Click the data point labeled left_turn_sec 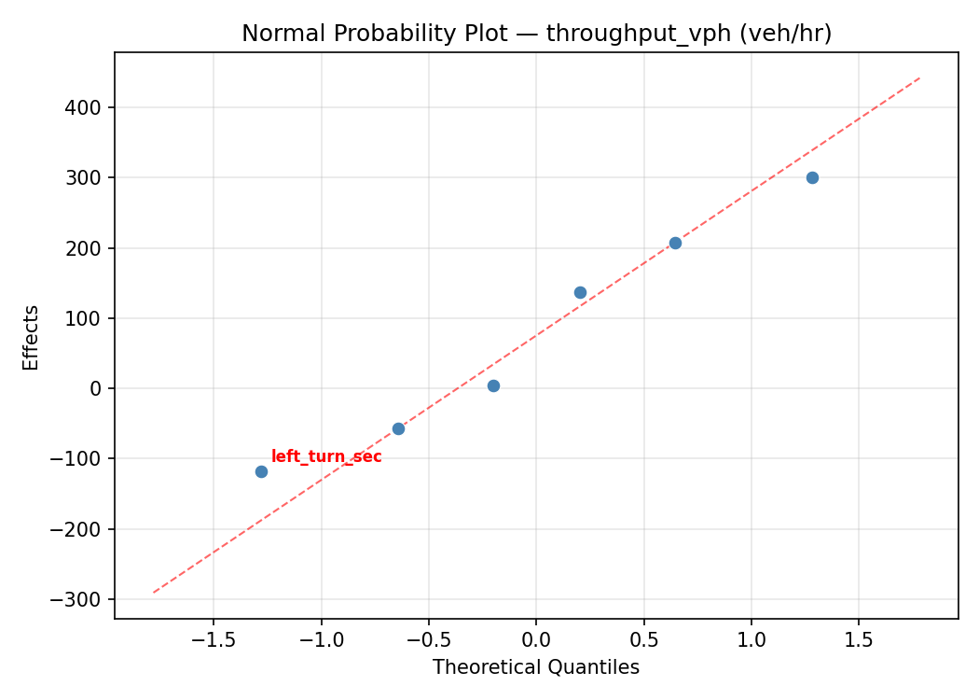(x=261, y=471)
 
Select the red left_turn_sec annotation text (x=326, y=456)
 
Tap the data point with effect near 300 (x=812, y=177)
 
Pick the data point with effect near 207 (x=675, y=243)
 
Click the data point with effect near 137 (x=580, y=292)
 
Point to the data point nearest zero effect (x=493, y=385)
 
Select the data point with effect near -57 (x=398, y=428)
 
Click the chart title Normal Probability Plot (x=536, y=34)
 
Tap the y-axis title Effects (x=32, y=337)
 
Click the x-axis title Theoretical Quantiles (x=536, y=667)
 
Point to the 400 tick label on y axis (x=84, y=107)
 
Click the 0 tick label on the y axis (x=96, y=388)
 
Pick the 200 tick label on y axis (x=84, y=248)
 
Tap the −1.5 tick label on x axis (x=213, y=641)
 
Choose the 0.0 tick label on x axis (x=536, y=641)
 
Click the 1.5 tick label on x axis (x=859, y=641)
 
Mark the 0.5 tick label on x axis (x=643, y=641)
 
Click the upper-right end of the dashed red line (x=919, y=77)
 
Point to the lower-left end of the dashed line (x=154, y=593)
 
